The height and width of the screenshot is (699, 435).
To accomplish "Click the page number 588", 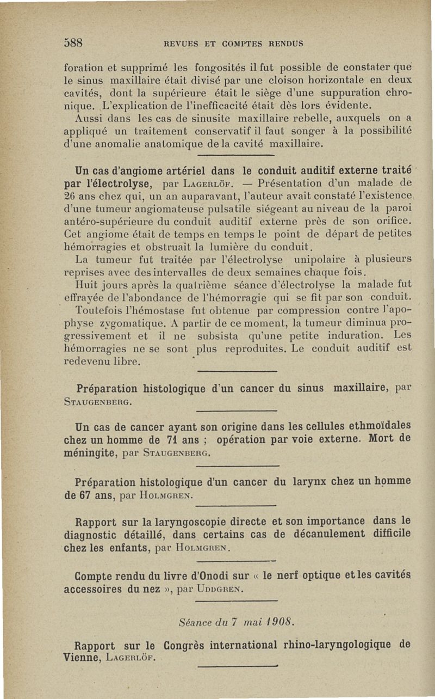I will pos(74,43).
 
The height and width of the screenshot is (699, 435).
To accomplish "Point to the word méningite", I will pos(89,452).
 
